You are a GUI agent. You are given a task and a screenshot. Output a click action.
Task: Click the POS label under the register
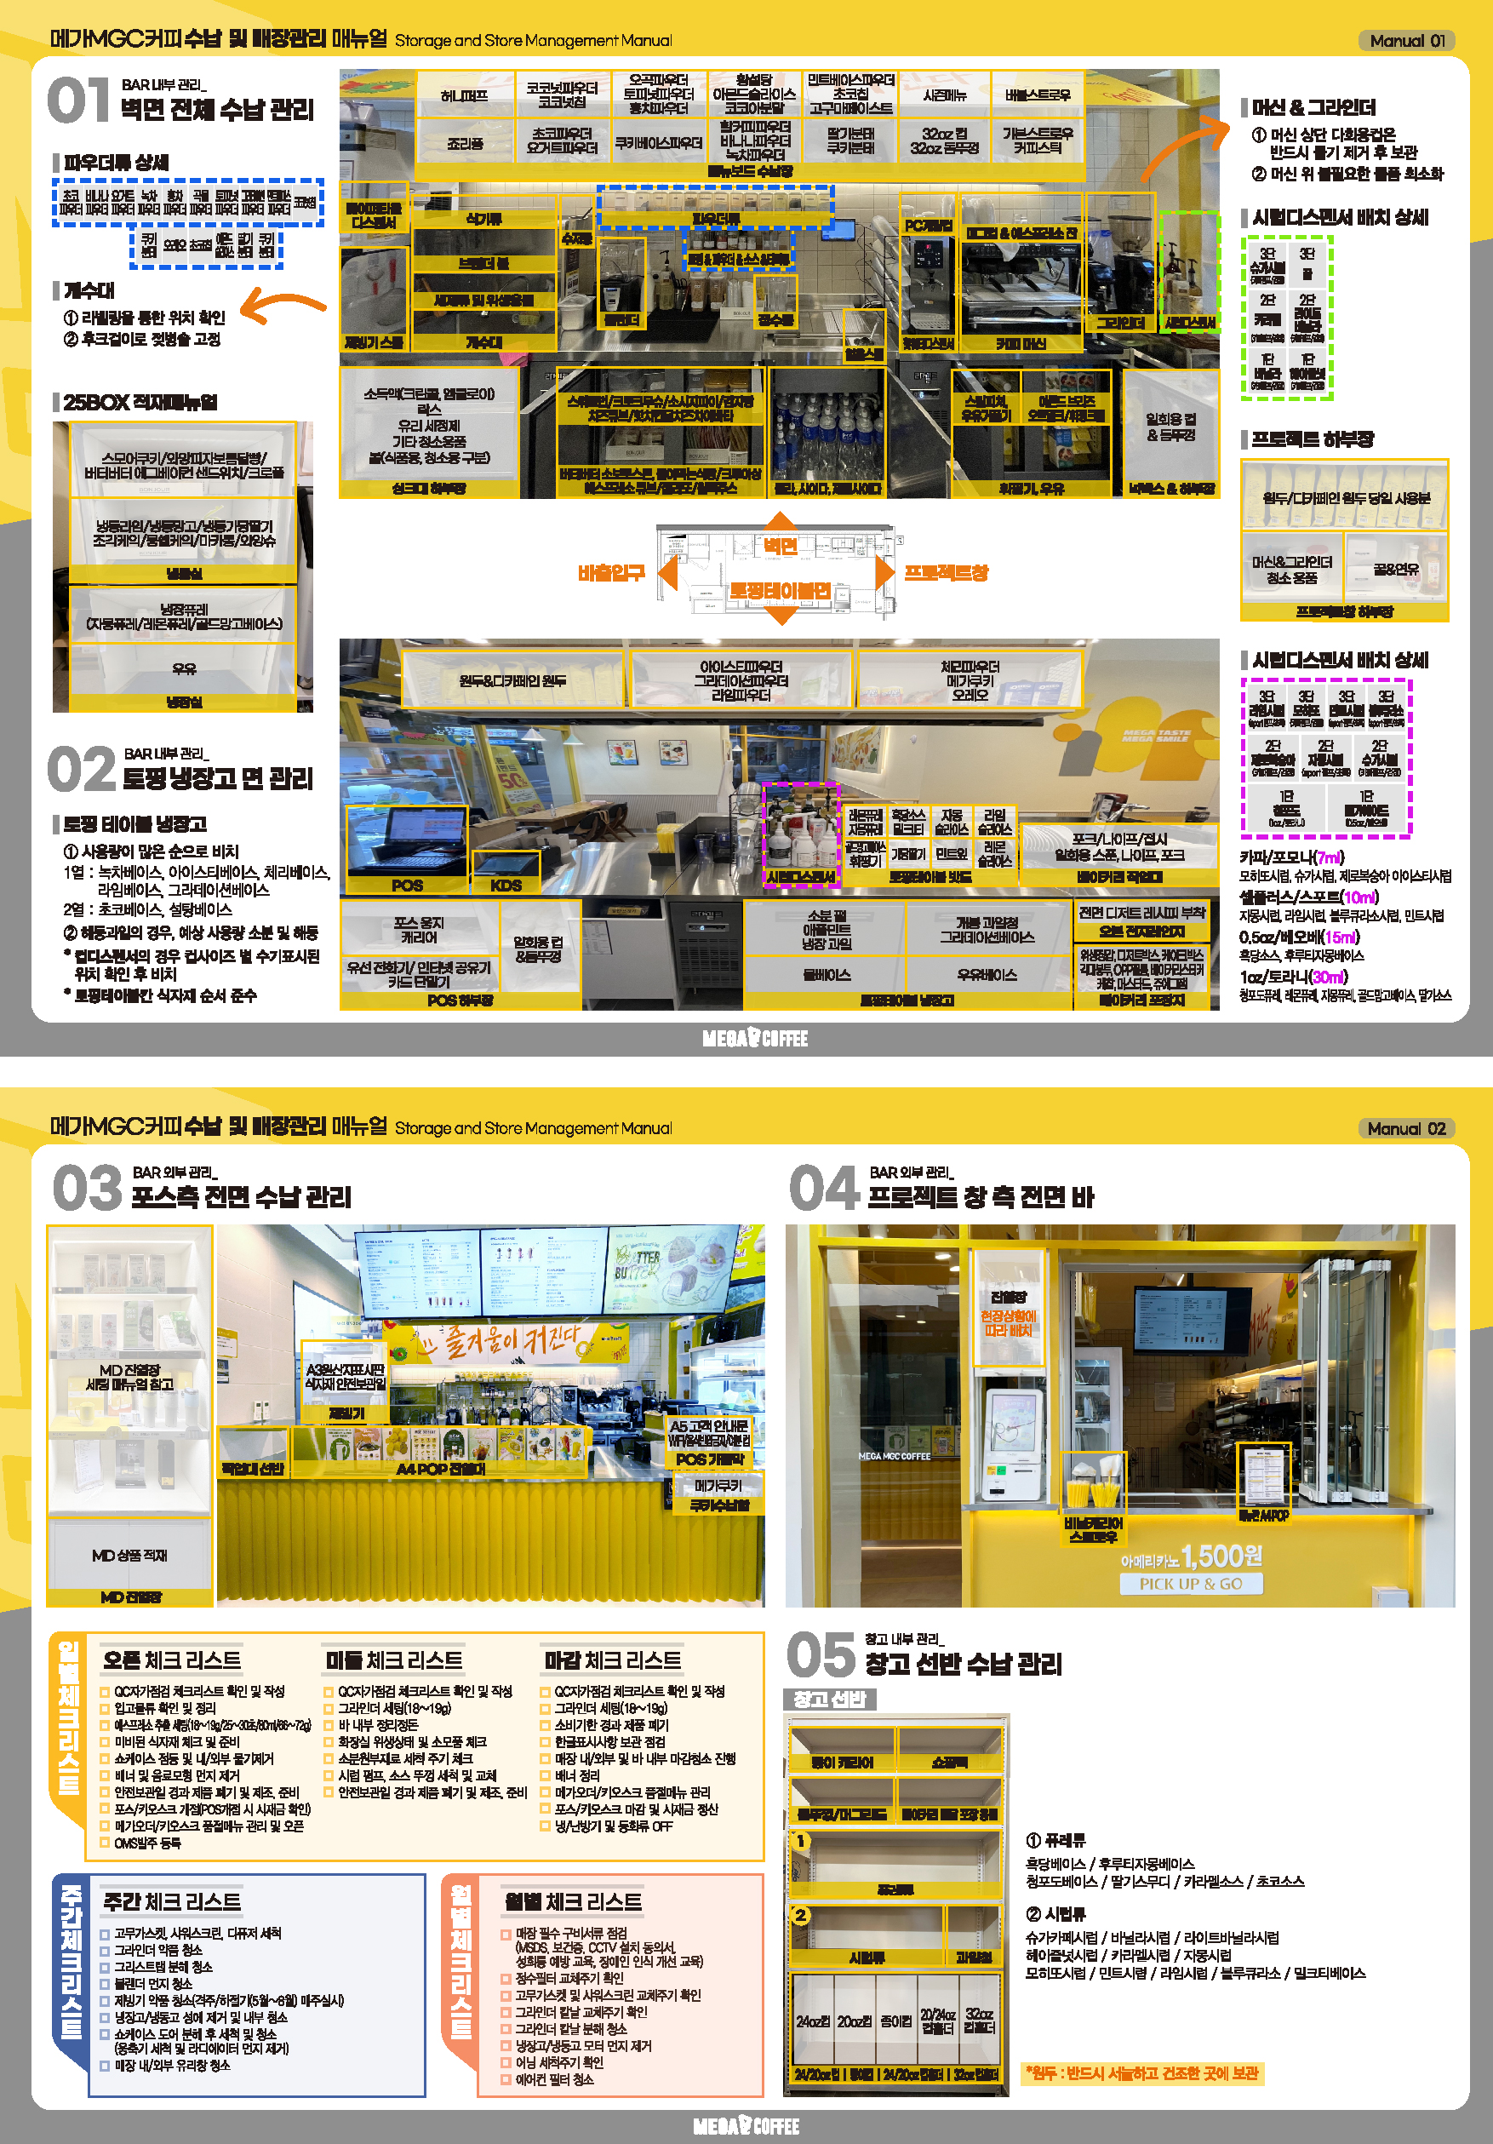(x=406, y=886)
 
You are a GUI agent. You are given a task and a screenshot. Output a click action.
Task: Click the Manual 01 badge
(x=1406, y=40)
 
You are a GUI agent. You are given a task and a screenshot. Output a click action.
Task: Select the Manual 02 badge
(x=1405, y=1128)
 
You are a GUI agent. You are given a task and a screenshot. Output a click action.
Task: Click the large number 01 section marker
(x=78, y=100)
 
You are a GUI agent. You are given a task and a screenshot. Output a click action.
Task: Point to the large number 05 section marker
(x=820, y=1655)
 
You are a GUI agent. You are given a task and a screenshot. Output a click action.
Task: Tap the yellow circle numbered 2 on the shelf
(x=800, y=1915)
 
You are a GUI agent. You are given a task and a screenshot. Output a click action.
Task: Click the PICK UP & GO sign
(x=1191, y=1584)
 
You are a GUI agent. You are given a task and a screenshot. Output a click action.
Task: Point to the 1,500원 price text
(x=1221, y=1556)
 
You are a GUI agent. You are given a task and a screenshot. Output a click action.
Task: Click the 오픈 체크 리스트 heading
(x=172, y=1660)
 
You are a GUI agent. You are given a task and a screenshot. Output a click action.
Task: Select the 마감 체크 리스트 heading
(x=613, y=1660)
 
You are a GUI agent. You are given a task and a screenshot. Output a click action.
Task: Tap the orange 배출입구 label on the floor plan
(x=610, y=572)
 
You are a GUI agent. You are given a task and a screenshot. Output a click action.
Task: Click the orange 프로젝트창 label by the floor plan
(x=946, y=572)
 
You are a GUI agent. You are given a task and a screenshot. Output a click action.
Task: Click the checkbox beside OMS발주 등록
(x=105, y=1843)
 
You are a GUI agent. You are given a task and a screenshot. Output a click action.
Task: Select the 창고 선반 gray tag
(x=829, y=1699)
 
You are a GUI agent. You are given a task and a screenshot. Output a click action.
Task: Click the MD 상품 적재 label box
(x=129, y=1556)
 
